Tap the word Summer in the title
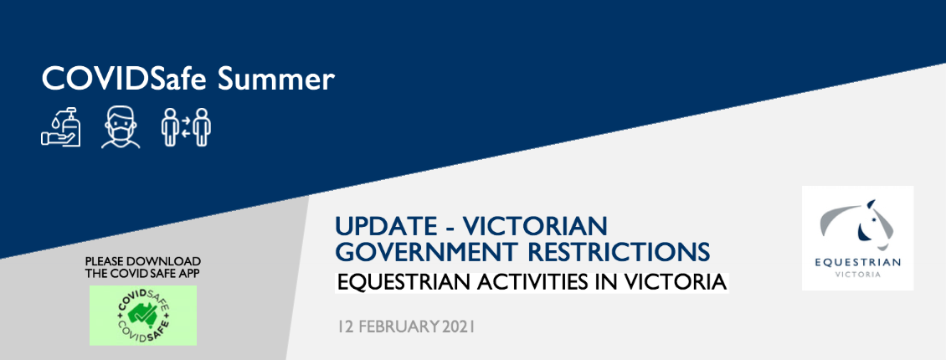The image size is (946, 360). (x=275, y=79)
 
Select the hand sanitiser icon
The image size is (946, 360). (x=61, y=127)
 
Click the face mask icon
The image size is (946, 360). (x=121, y=127)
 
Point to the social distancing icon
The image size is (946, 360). (x=186, y=127)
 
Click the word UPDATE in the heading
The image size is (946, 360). (x=386, y=228)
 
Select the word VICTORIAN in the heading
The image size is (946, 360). (x=536, y=228)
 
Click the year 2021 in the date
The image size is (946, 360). (x=458, y=327)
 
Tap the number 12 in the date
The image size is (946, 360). (x=346, y=327)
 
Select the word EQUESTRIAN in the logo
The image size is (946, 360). (x=857, y=262)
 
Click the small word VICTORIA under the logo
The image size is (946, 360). (x=857, y=275)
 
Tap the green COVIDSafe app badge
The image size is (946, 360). (x=143, y=316)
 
